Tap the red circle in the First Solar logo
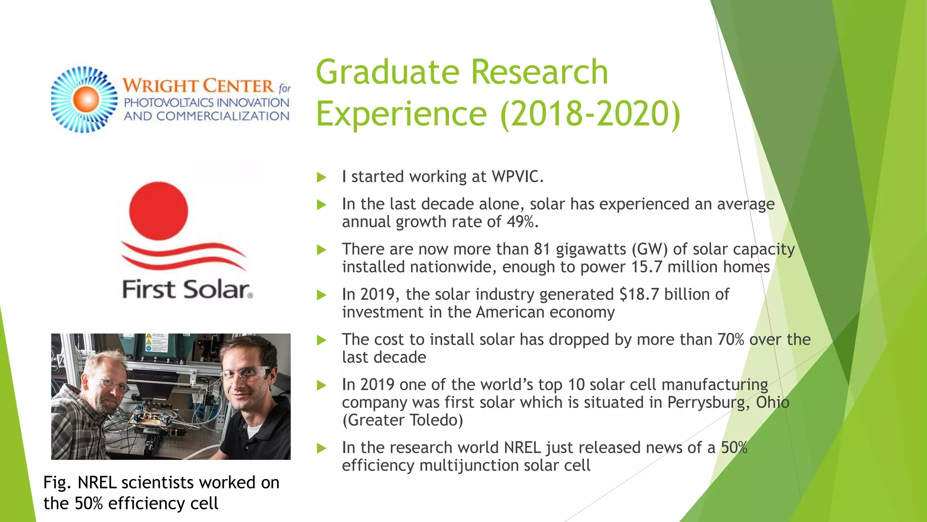tap(158, 211)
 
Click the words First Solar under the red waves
tap(186, 290)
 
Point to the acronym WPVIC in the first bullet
tap(516, 177)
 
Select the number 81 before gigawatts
tap(542, 249)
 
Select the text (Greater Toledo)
tap(402, 420)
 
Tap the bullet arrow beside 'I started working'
tap(321, 177)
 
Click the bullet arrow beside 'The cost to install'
tap(321, 340)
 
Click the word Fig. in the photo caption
tap(57, 483)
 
